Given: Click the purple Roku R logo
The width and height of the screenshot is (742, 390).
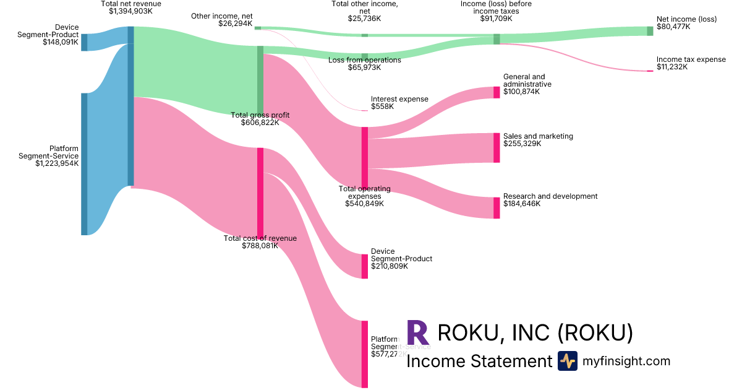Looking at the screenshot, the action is click(418, 332).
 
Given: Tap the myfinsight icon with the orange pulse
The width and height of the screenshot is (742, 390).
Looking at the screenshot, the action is click(567, 361).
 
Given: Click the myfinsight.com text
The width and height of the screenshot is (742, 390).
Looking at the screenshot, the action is click(626, 361).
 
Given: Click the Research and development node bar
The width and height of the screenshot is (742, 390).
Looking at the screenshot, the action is click(497, 208).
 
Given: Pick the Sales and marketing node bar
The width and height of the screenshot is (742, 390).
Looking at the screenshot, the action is click(497, 148).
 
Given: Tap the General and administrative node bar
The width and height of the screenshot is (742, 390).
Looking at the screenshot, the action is click(497, 92).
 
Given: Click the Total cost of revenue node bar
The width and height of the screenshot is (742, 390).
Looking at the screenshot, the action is click(260, 193).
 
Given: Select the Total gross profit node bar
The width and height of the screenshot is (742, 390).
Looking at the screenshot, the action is click(260, 80).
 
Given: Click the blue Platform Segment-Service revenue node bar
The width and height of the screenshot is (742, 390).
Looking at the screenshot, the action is click(84, 164).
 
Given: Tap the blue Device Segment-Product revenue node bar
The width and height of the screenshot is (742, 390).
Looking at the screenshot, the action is click(84, 42).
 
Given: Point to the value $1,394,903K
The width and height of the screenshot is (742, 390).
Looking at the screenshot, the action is click(130, 11).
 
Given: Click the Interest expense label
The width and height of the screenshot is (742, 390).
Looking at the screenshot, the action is click(399, 99).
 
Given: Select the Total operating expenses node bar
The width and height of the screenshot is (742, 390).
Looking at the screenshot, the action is click(365, 157).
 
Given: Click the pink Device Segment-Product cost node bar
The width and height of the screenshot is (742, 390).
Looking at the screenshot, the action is click(365, 266).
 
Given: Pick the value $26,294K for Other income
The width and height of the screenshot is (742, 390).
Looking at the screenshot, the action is click(235, 24).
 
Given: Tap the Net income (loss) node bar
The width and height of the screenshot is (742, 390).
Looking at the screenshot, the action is click(650, 31).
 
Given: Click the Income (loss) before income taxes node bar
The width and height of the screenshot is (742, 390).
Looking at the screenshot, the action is click(497, 39).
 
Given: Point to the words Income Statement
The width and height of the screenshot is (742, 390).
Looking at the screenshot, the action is click(479, 361).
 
